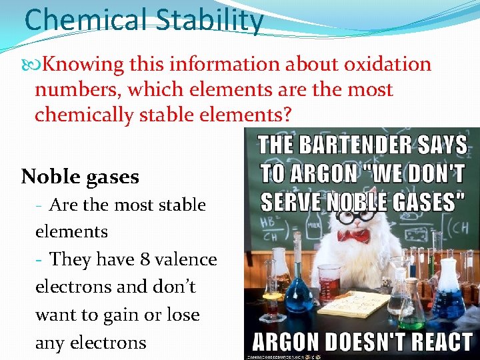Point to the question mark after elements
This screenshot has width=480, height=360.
pyautogui.click(x=287, y=115)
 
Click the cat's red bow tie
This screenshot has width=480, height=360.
pyautogui.click(x=353, y=236)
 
